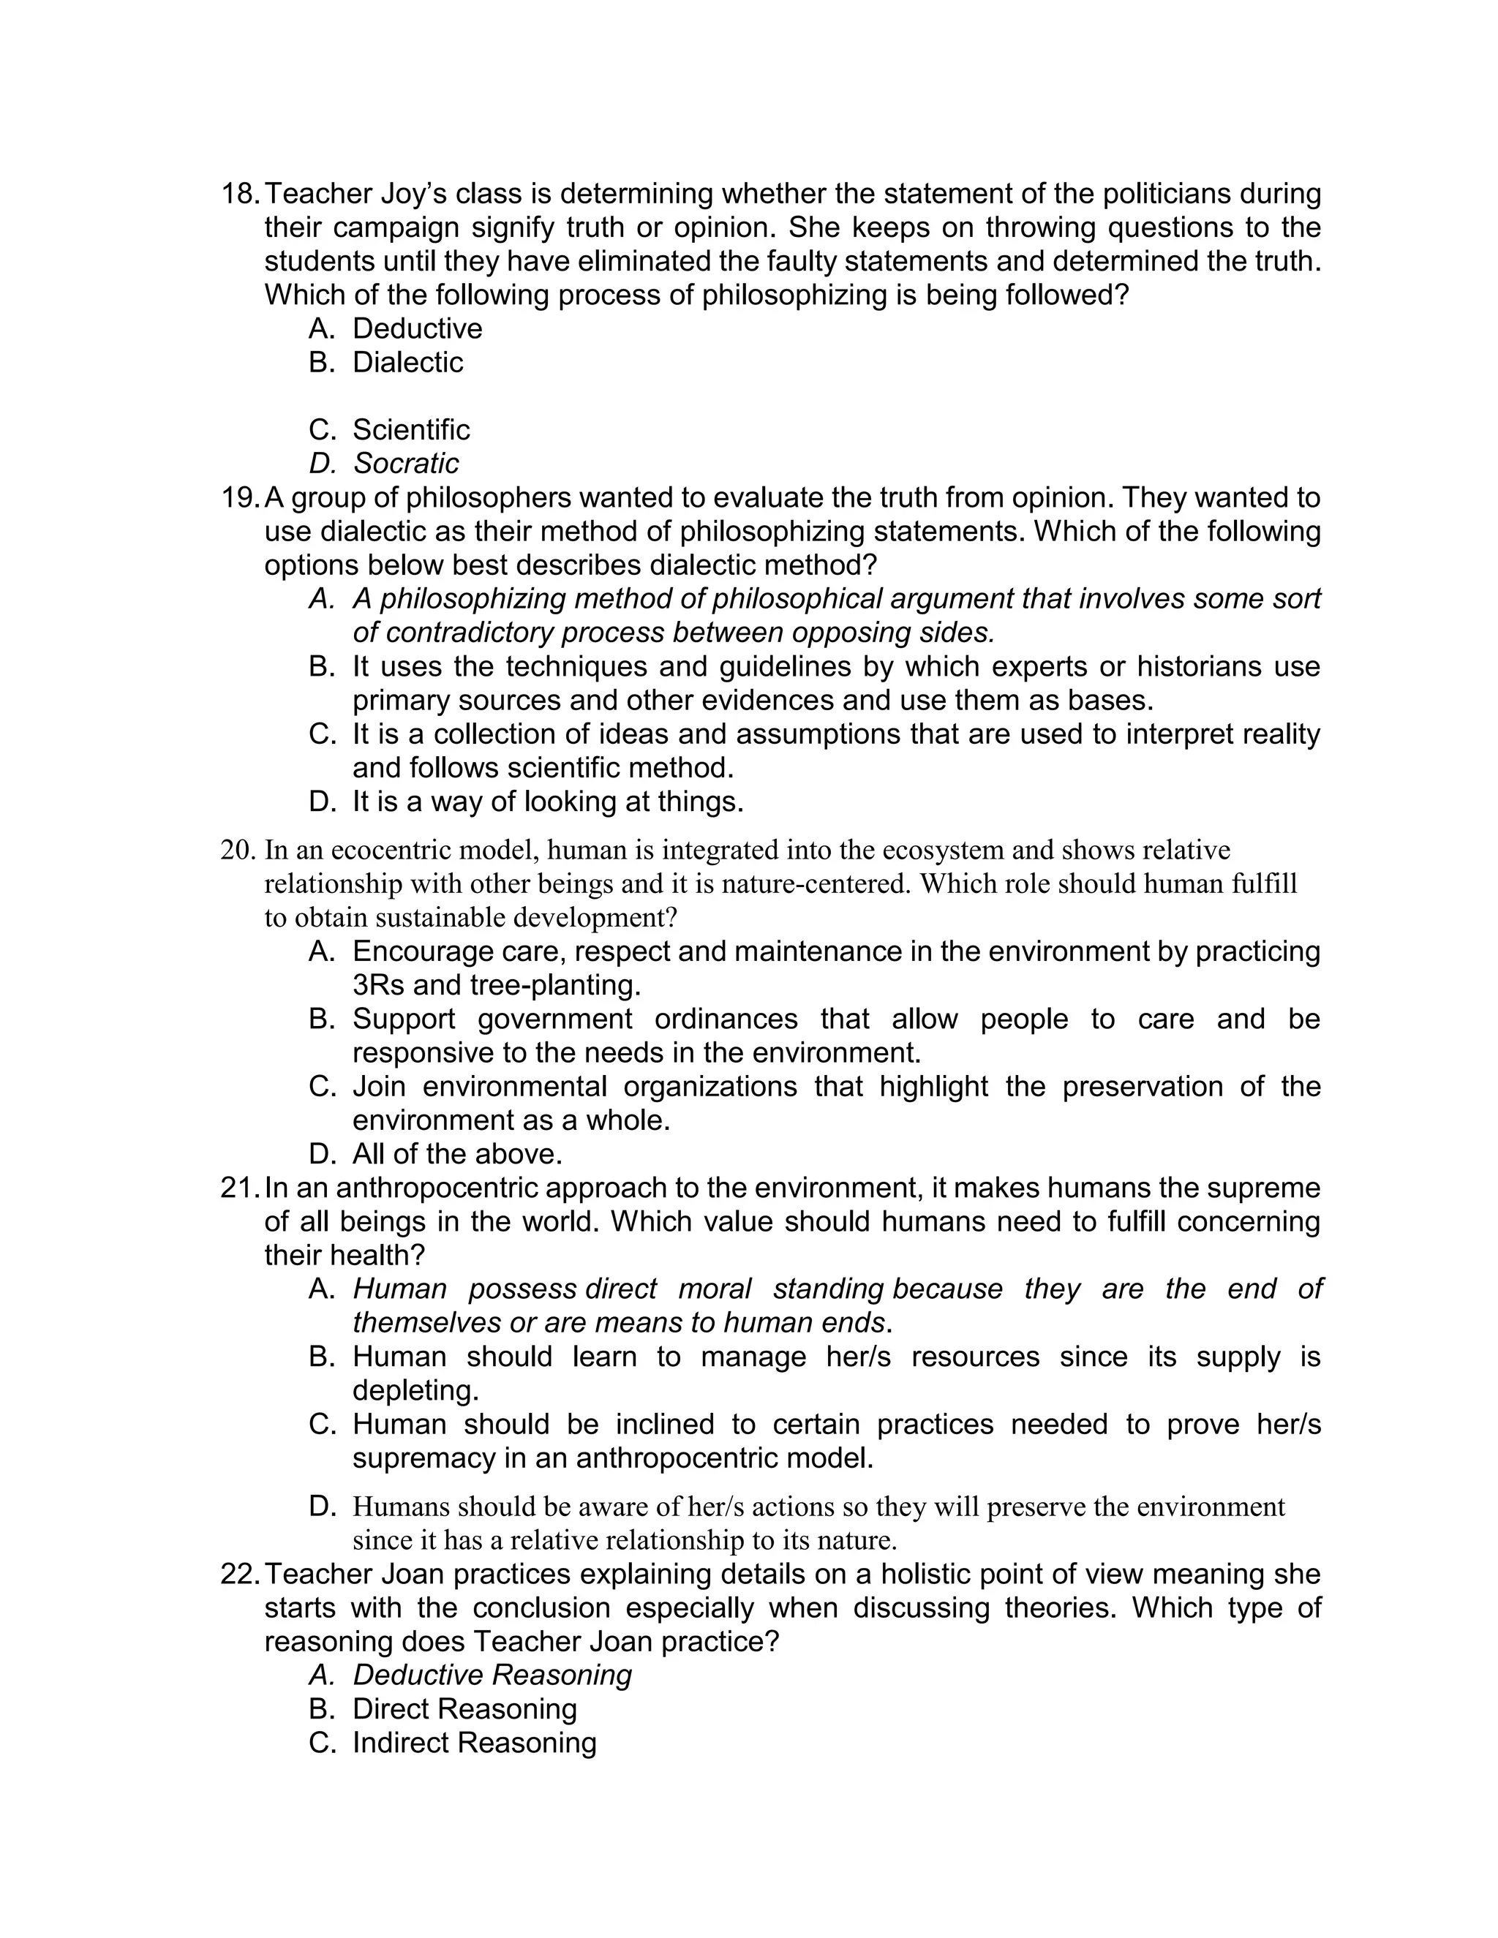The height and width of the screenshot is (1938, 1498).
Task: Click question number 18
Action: tap(241, 194)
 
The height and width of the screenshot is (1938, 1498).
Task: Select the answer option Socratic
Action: tap(405, 463)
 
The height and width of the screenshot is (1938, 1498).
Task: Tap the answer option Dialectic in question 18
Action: tap(407, 362)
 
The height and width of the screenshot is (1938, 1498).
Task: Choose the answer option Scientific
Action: tap(411, 429)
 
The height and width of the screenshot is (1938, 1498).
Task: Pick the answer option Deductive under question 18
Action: tap(417, 328)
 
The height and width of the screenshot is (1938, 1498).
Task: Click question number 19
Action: tap(241, 498)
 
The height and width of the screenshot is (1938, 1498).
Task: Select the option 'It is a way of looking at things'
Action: tap(548, 802)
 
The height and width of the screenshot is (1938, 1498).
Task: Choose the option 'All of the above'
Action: tap(457, 1153)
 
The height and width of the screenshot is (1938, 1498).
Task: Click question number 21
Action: tap(241, 1188)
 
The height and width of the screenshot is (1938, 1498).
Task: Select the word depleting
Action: tap(415, 1390)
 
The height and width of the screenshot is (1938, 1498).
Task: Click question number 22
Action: tap(241, 1575)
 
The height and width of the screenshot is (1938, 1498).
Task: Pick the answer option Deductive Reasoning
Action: tap(492, 1675)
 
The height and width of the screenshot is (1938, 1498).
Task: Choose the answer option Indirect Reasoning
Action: tap(474, 1743)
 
